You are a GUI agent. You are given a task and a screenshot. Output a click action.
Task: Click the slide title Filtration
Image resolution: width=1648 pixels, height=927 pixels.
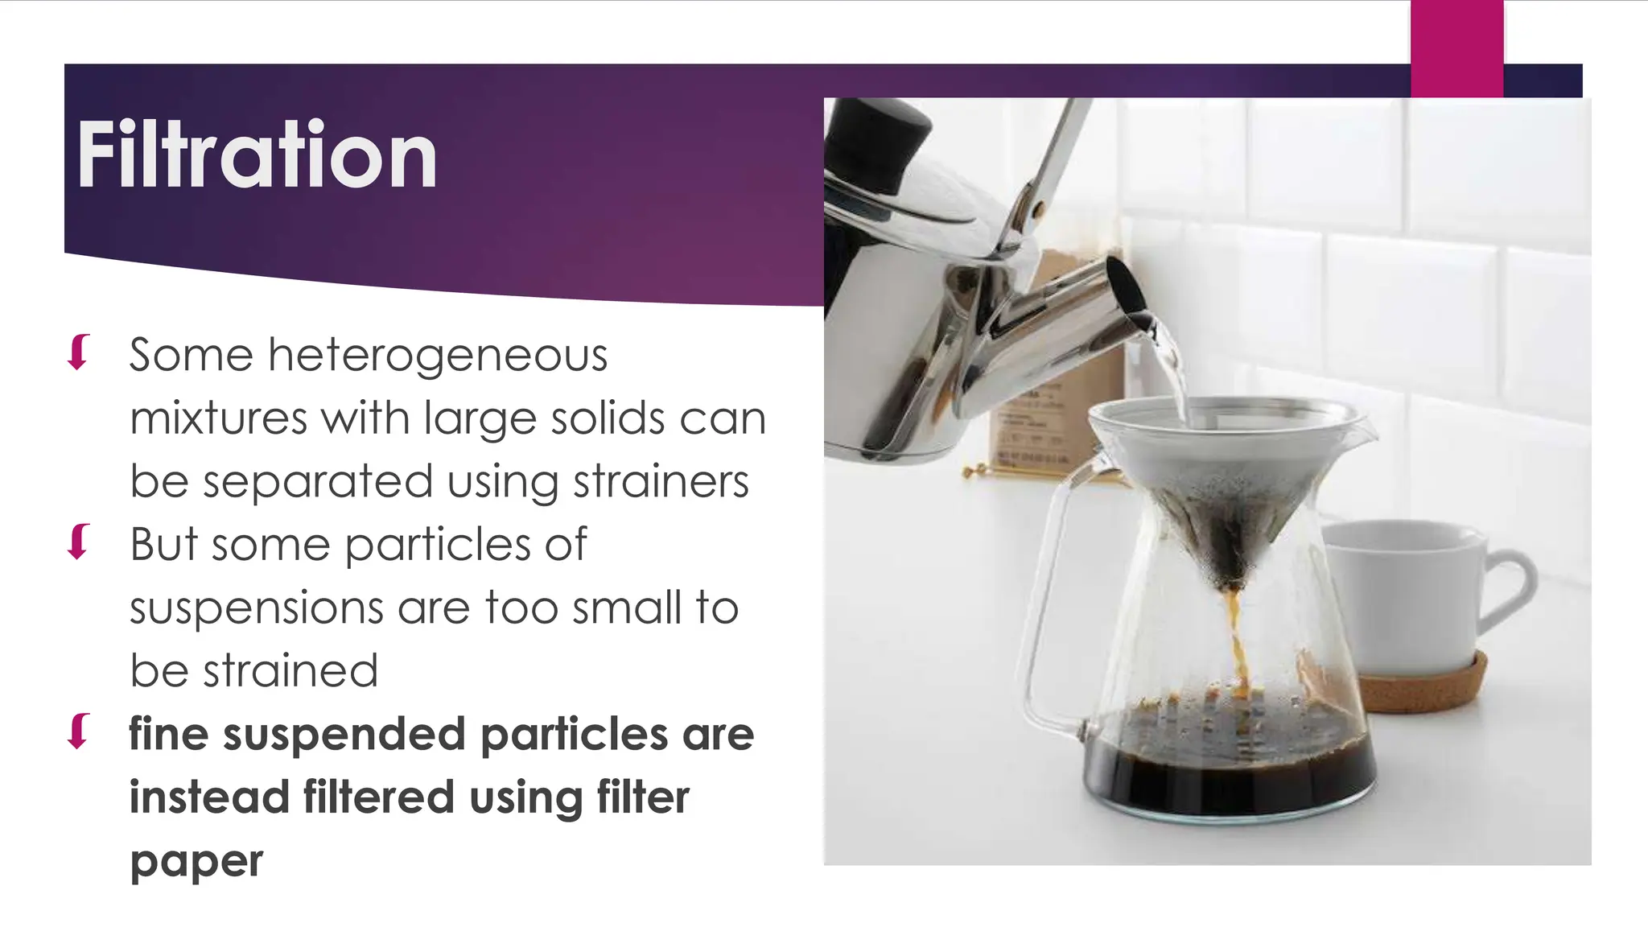[257, 154]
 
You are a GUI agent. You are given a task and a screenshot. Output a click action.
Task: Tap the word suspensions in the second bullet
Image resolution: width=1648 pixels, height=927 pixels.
[256, 608]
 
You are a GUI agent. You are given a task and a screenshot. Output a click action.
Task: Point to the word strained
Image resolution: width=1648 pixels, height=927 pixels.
[290, 671]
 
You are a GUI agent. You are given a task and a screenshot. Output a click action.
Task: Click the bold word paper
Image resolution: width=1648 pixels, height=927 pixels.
[196, 861]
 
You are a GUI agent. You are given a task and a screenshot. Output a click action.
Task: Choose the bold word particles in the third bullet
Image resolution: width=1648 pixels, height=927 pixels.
[574, 734]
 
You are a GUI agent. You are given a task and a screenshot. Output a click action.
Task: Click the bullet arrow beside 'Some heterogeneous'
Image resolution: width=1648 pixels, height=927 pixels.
[78, 352]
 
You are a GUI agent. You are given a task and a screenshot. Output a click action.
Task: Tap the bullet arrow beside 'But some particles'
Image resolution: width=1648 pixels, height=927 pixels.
[78, 542]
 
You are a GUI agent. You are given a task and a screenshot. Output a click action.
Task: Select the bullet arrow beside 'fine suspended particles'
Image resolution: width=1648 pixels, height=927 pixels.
[78, 731]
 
